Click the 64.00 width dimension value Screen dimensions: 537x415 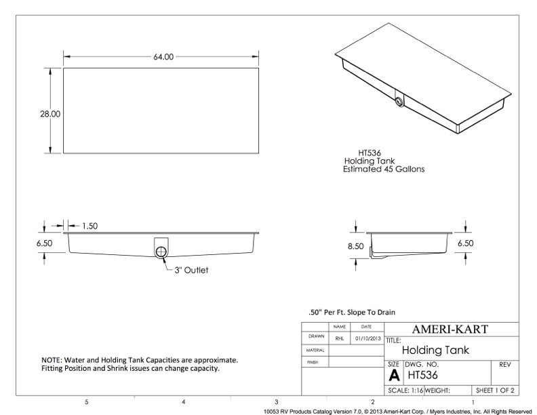(x=163, y=57)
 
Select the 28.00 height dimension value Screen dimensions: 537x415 (x=50, y=114)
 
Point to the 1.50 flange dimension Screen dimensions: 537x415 (x=89, y=226)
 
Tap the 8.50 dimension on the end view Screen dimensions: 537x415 (x=356, y=246)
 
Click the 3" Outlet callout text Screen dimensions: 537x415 (x=191, y=270)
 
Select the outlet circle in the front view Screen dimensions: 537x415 (x=161, y=252)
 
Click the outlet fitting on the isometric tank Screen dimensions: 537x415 (x=399, y=101)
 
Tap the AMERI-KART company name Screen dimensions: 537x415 (x=450, y=330)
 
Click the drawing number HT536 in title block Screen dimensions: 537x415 (x=422, y=375)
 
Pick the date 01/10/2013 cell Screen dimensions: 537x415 (x=367, y=338)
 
